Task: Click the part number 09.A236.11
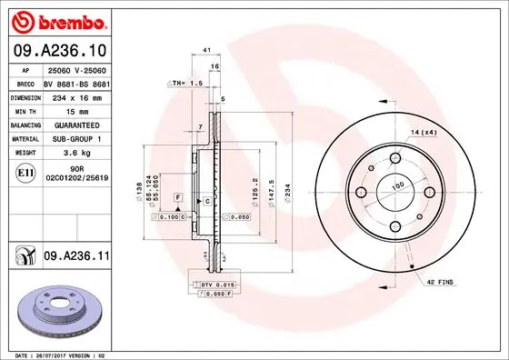[76, 258]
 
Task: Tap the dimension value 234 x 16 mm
[76, 95]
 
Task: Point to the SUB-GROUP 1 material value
[76, 138]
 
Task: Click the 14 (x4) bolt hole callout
[424, 134]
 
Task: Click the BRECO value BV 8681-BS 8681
[76, 81]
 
